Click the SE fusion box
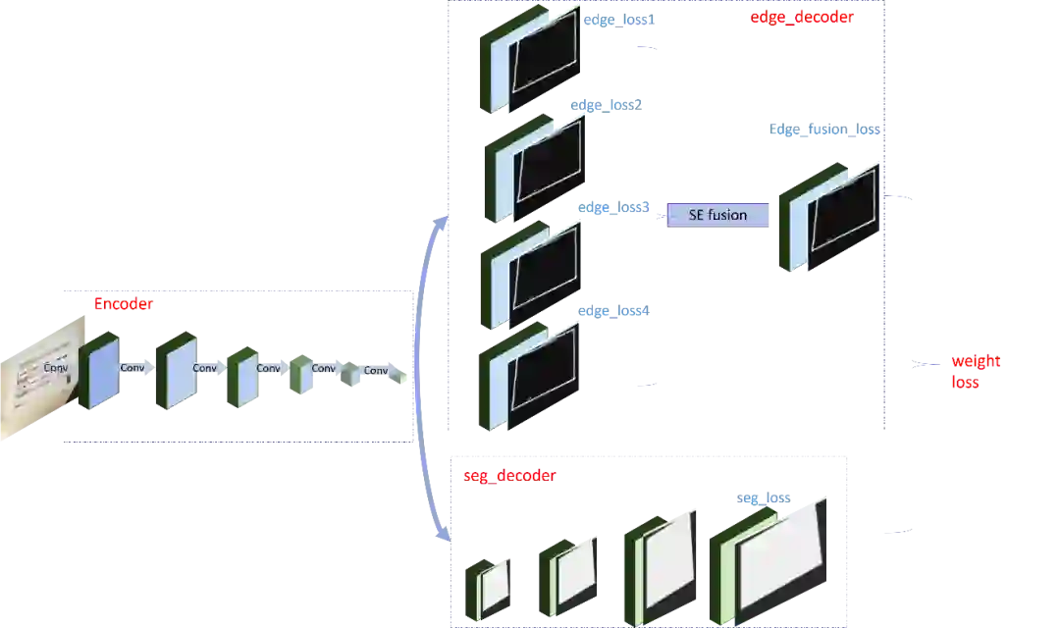(718, 215)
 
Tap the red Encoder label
(124, 305)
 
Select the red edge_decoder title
(801, 17)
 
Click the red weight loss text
(976, 371)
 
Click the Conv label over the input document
(58, 367)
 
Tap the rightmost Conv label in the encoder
(375, 371)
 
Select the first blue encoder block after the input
(103, 373)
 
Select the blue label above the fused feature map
(824, 131)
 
